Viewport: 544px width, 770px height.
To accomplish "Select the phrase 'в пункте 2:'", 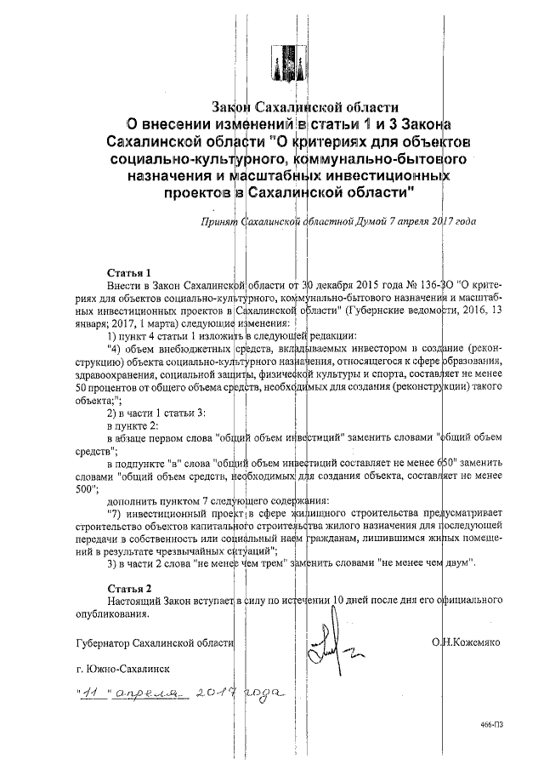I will (x=131, y=424).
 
